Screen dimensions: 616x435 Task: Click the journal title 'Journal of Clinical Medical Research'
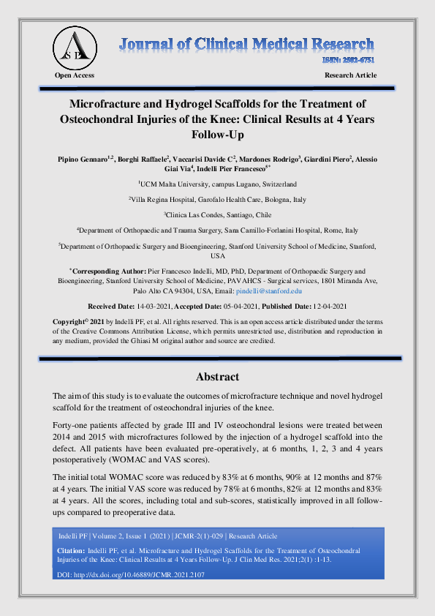pos(247,44)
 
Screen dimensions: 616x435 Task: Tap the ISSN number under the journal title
pos(349,61)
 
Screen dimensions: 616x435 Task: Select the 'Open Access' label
pos(75,75)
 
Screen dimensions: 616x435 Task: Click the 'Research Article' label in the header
pos(350,75)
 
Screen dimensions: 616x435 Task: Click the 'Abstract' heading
pos(217,377)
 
